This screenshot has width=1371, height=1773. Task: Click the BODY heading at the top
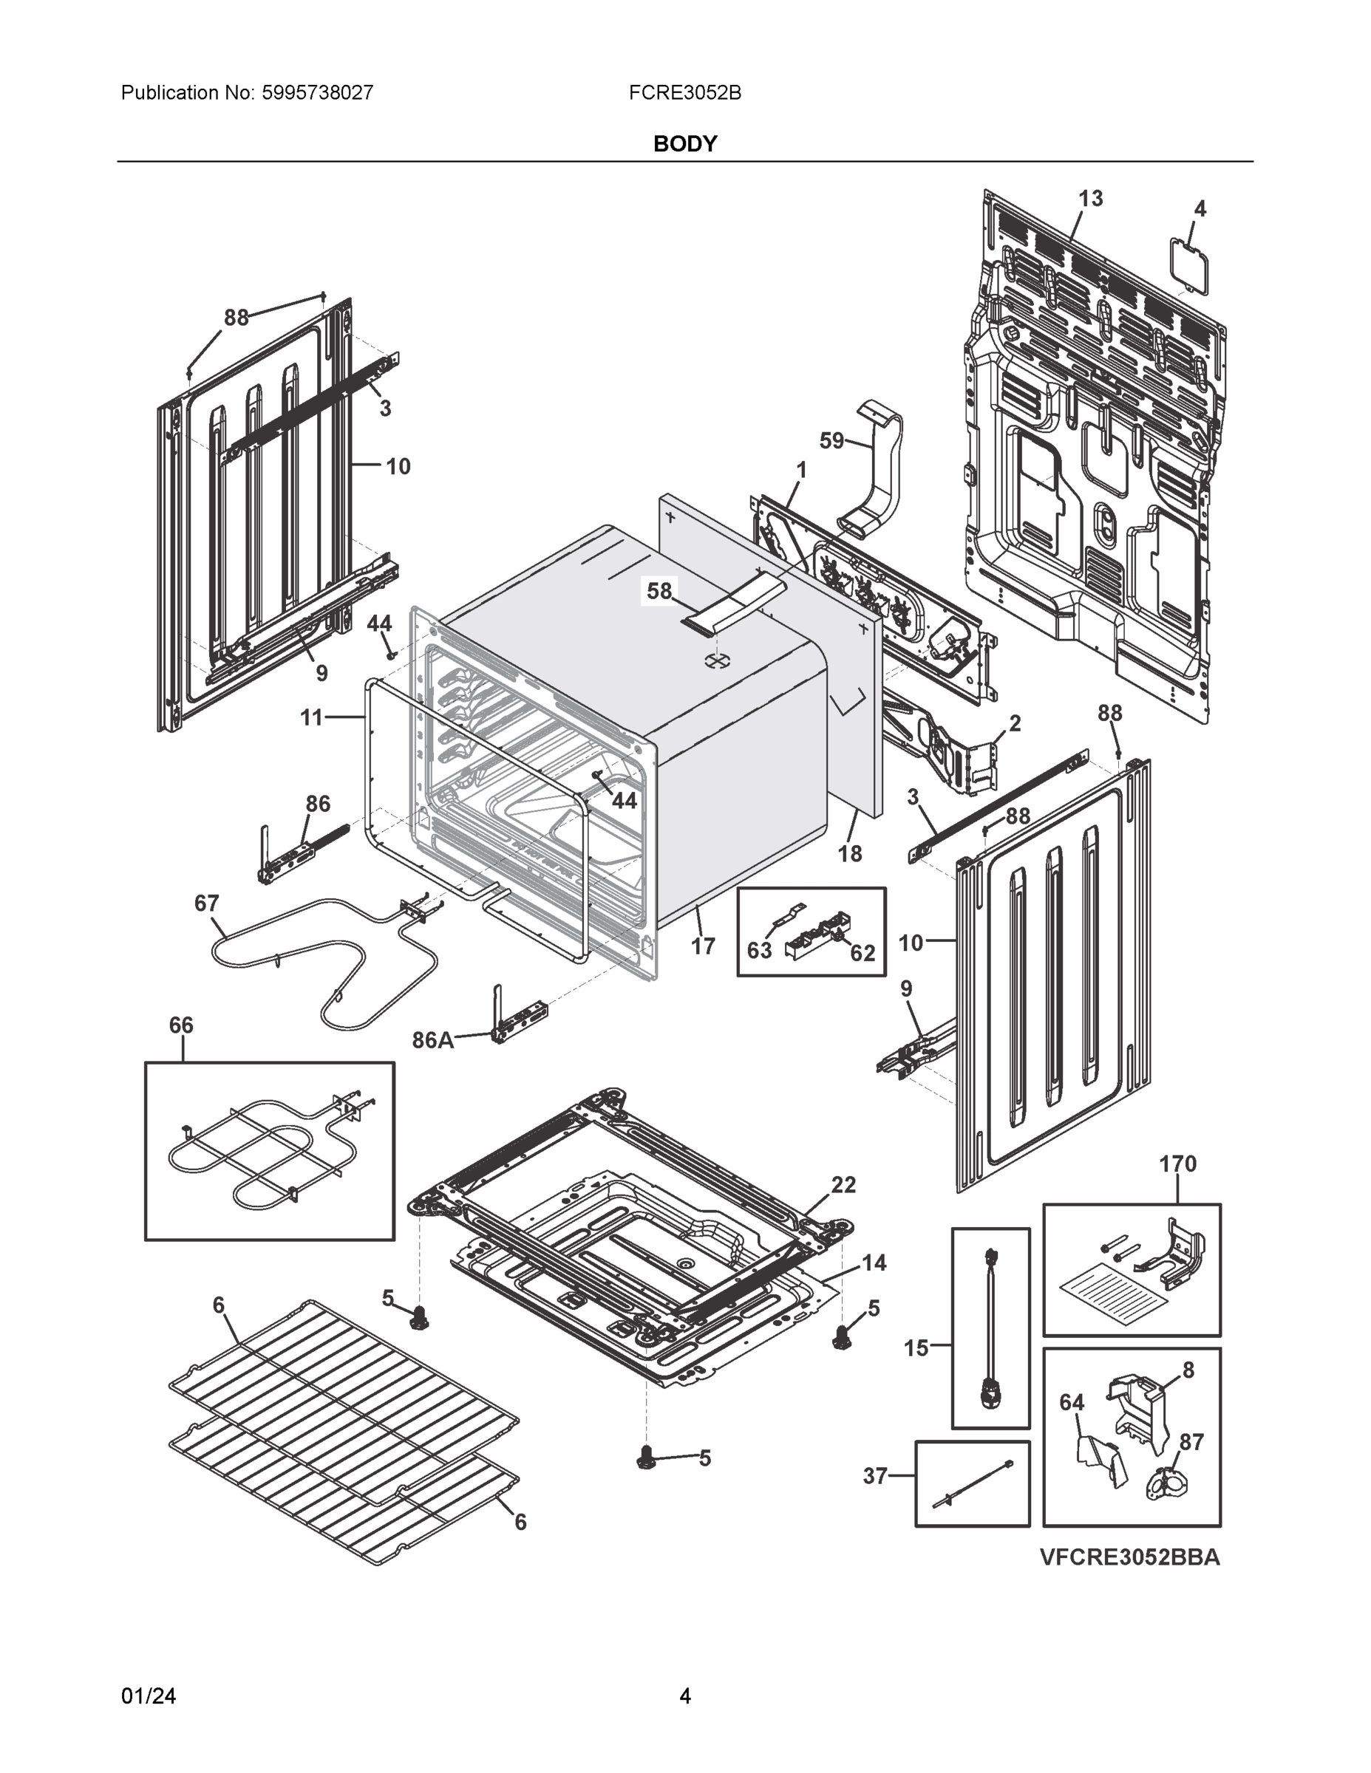(x=684, y=144)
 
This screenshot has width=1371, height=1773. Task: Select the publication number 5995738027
(x=317, y=92)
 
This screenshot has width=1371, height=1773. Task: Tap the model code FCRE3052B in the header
(x=684, y=92)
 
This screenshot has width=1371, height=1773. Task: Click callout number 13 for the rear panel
(x=1090, y=198)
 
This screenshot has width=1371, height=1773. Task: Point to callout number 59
(x=831, y=441)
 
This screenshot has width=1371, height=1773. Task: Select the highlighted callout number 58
(x=659, y=591)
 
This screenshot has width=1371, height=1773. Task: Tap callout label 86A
(x=432, y=1040)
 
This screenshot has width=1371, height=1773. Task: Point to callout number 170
(x=1177, y=1164)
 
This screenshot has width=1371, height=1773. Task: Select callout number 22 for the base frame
(x=843, y=1184)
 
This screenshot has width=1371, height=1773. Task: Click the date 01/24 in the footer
(x=149, y=1696)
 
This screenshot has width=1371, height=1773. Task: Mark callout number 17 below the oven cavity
(x=703, y=946)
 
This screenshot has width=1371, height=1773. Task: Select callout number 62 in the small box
(x=862, y=953)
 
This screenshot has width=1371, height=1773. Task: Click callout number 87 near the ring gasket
(x=1191, y=1442)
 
